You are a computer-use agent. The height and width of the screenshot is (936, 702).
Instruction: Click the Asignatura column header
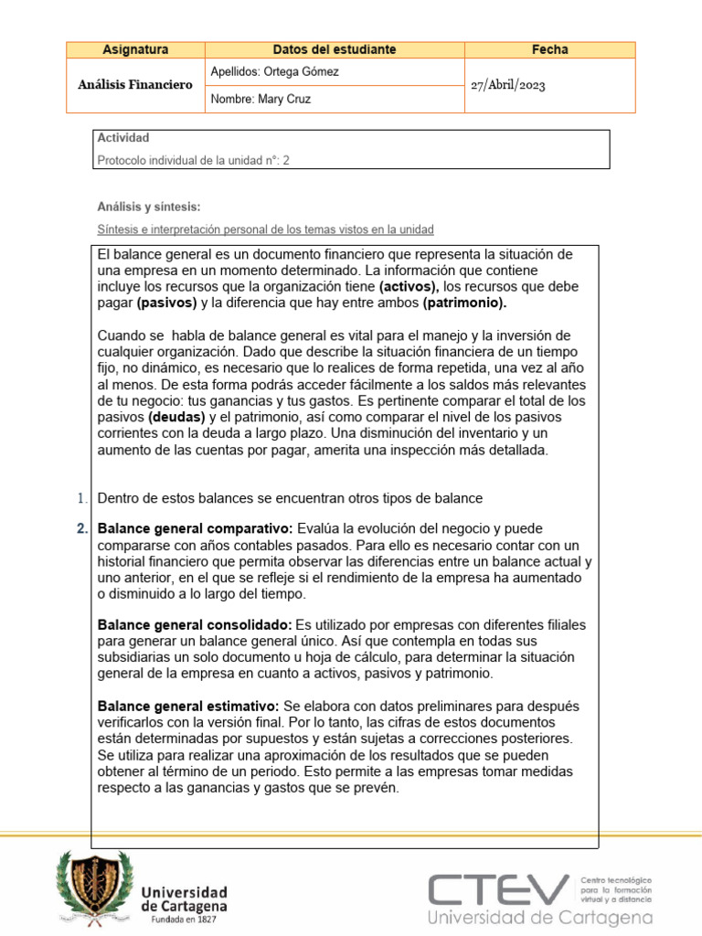(135, 49)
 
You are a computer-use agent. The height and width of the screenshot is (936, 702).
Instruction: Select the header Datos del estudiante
(335, 49)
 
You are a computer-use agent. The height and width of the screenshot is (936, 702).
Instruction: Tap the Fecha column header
(549, 49)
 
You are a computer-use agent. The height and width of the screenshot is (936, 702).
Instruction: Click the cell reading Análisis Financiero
(135, 85)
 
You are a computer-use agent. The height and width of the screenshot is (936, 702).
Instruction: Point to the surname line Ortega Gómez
(275, 71)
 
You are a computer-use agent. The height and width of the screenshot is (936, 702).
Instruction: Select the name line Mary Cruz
(261, 99)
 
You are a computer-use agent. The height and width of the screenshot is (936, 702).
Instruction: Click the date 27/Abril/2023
(509, 84)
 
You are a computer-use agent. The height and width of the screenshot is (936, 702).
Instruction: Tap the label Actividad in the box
(123, 138)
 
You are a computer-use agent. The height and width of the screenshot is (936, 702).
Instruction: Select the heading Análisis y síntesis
(148, 207)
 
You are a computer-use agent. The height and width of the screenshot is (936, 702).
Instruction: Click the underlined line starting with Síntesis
(265, 229)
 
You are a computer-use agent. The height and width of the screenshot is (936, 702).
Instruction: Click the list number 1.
(82, 497)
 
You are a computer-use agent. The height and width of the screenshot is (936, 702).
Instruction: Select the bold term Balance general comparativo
(195, 529)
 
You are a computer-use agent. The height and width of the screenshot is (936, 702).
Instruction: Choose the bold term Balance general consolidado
(195, 624)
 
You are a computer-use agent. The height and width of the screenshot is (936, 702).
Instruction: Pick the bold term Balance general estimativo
(188, 707)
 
